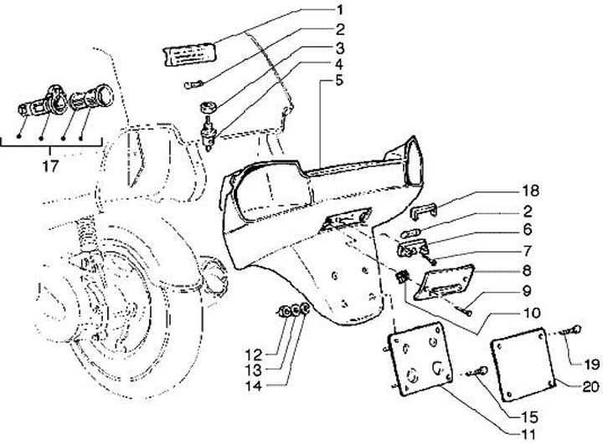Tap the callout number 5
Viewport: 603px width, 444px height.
pos(339,81)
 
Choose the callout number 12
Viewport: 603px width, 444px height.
pos(276,352)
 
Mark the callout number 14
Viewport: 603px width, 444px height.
pos(276,385)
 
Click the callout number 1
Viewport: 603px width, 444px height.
pos(339,10)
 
